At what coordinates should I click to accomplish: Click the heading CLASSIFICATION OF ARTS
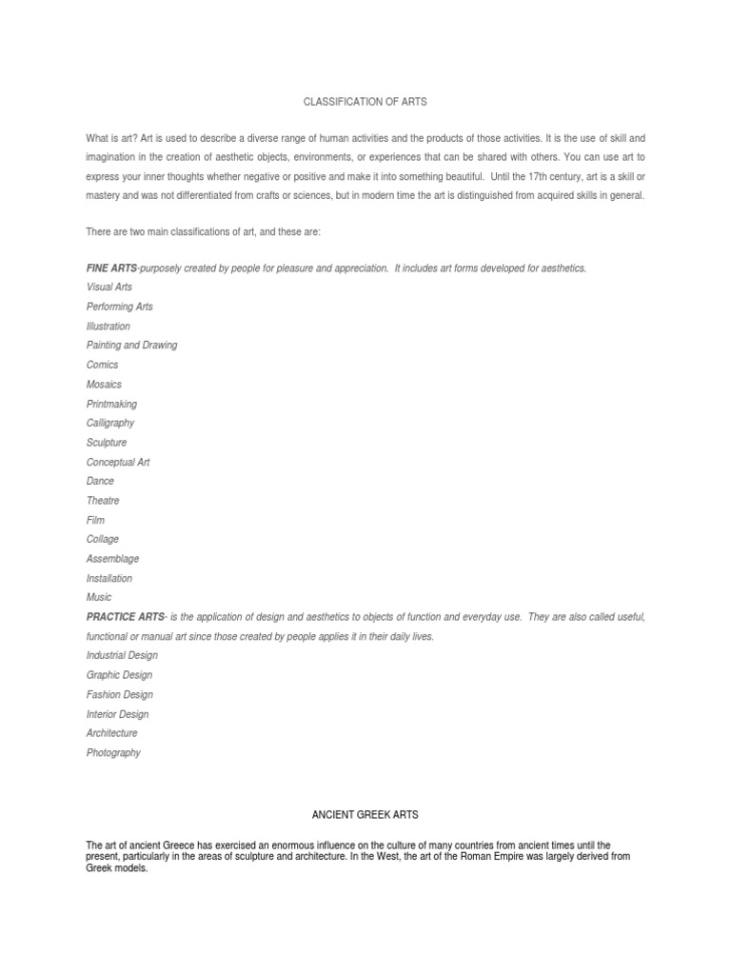pos(365,100)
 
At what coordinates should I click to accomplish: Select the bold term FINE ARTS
pos(111,268)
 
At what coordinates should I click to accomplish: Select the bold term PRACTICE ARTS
pos(125,617)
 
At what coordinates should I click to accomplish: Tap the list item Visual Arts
pos(109,287)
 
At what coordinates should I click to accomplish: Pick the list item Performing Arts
pos(119,307)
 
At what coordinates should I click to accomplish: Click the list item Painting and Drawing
pos(131,345)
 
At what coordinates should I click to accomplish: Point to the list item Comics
pos(103,365)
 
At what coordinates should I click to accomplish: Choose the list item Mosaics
pos(104,385)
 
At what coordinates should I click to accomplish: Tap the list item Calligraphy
pos(110,423)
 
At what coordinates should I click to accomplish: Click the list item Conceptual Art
pos(118,462)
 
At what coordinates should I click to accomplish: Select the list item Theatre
pos(103,501)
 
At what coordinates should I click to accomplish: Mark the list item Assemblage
pos(112,559)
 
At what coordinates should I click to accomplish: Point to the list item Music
pos(99,598)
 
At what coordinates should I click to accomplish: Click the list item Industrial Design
pos(122,656)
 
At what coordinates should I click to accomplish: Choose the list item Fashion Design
pos(119,694)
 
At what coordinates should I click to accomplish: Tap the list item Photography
pos(113,752)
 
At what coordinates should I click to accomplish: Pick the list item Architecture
pos(111,733)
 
